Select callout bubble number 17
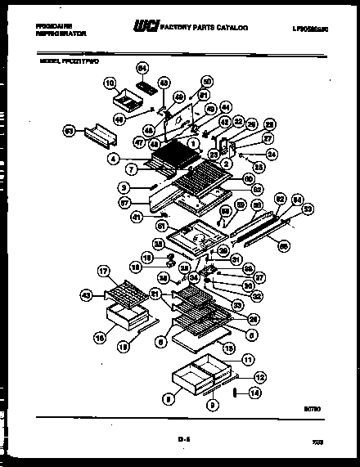103,271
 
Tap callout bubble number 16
101,336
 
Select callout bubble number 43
87,294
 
